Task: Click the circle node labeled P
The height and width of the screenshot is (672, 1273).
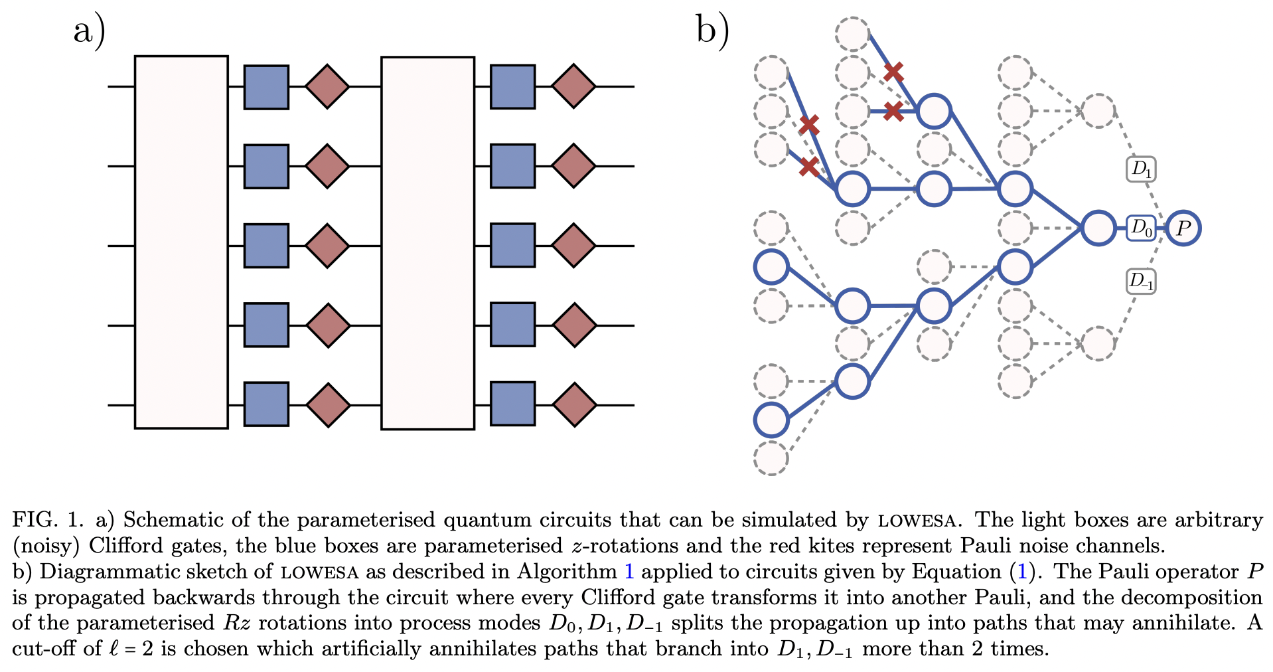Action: click(1183, 228)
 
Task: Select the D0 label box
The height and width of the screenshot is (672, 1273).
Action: click(1141, 228)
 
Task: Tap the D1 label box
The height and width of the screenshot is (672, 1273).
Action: click(1141, 169)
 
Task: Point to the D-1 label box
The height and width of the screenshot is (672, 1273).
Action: click(1141, 281)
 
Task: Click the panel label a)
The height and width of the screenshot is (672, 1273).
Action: click(90, 31)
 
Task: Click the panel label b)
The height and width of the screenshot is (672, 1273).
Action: click(713, 31)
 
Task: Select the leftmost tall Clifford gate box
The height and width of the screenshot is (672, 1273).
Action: click(181, 242)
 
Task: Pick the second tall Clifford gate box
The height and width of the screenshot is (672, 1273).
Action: click(427, 243)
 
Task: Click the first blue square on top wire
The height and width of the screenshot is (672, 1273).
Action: click(266, 87)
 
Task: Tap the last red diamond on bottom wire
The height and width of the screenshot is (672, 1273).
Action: click(574, 405)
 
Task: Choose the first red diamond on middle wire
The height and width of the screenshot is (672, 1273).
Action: click(327, 246)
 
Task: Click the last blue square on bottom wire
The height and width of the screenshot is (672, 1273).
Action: click(512, 404)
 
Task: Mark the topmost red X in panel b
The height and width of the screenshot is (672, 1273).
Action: click(893, 71)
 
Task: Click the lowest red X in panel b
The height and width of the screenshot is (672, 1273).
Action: click(808, 166)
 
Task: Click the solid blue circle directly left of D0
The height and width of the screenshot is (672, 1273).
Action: click(1098, 228)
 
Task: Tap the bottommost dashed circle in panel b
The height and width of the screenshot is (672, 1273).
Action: click(771, 458)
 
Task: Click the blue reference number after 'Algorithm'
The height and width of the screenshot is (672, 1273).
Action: click(629, 572)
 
